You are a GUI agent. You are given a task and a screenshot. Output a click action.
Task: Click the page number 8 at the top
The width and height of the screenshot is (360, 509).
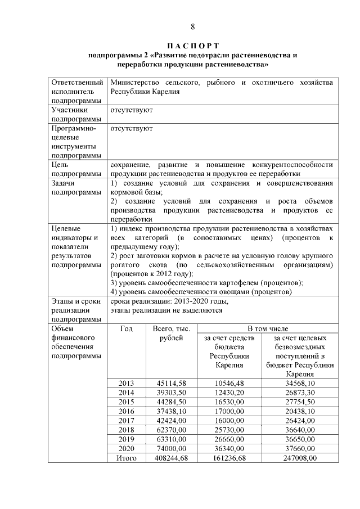pyautogui.click(x=192, y=26)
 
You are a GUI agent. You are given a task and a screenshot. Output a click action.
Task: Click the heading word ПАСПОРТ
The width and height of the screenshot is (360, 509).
pyautogui.click(x=192, y=46)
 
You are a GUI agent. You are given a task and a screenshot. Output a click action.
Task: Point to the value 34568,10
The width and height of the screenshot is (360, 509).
pyautogui.click(x=300, y=384)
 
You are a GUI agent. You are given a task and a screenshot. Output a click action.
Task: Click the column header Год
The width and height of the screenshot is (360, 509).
pyautogui.click(x=127, y=328)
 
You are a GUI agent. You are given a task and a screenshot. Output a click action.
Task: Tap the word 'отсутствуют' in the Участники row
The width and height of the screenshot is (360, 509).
pyautogui.click(x=132, y=110)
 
